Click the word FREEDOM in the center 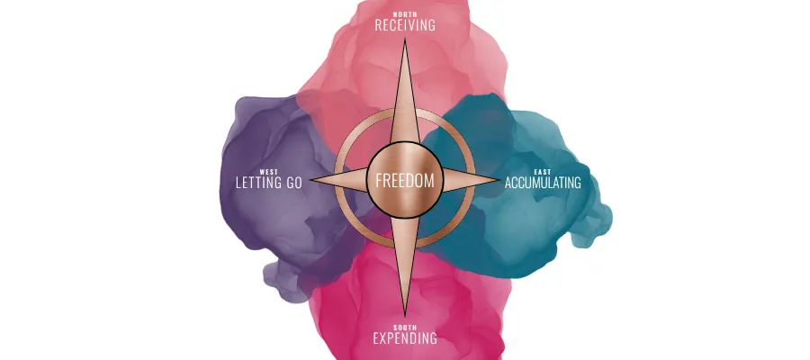pos(405,180)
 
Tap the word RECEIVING pos(405,25)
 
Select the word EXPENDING pos(405,339)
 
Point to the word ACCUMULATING pos(543,183)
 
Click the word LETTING pos(251,183)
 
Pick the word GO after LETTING pos(289,183)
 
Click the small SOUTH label pos(405,328)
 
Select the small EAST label pos(543,171)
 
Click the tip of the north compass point pos(405,41)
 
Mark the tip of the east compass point pos(499,180)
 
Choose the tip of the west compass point pos(310,180)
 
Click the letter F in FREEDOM pos(379,180)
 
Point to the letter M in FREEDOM pos(429,180)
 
